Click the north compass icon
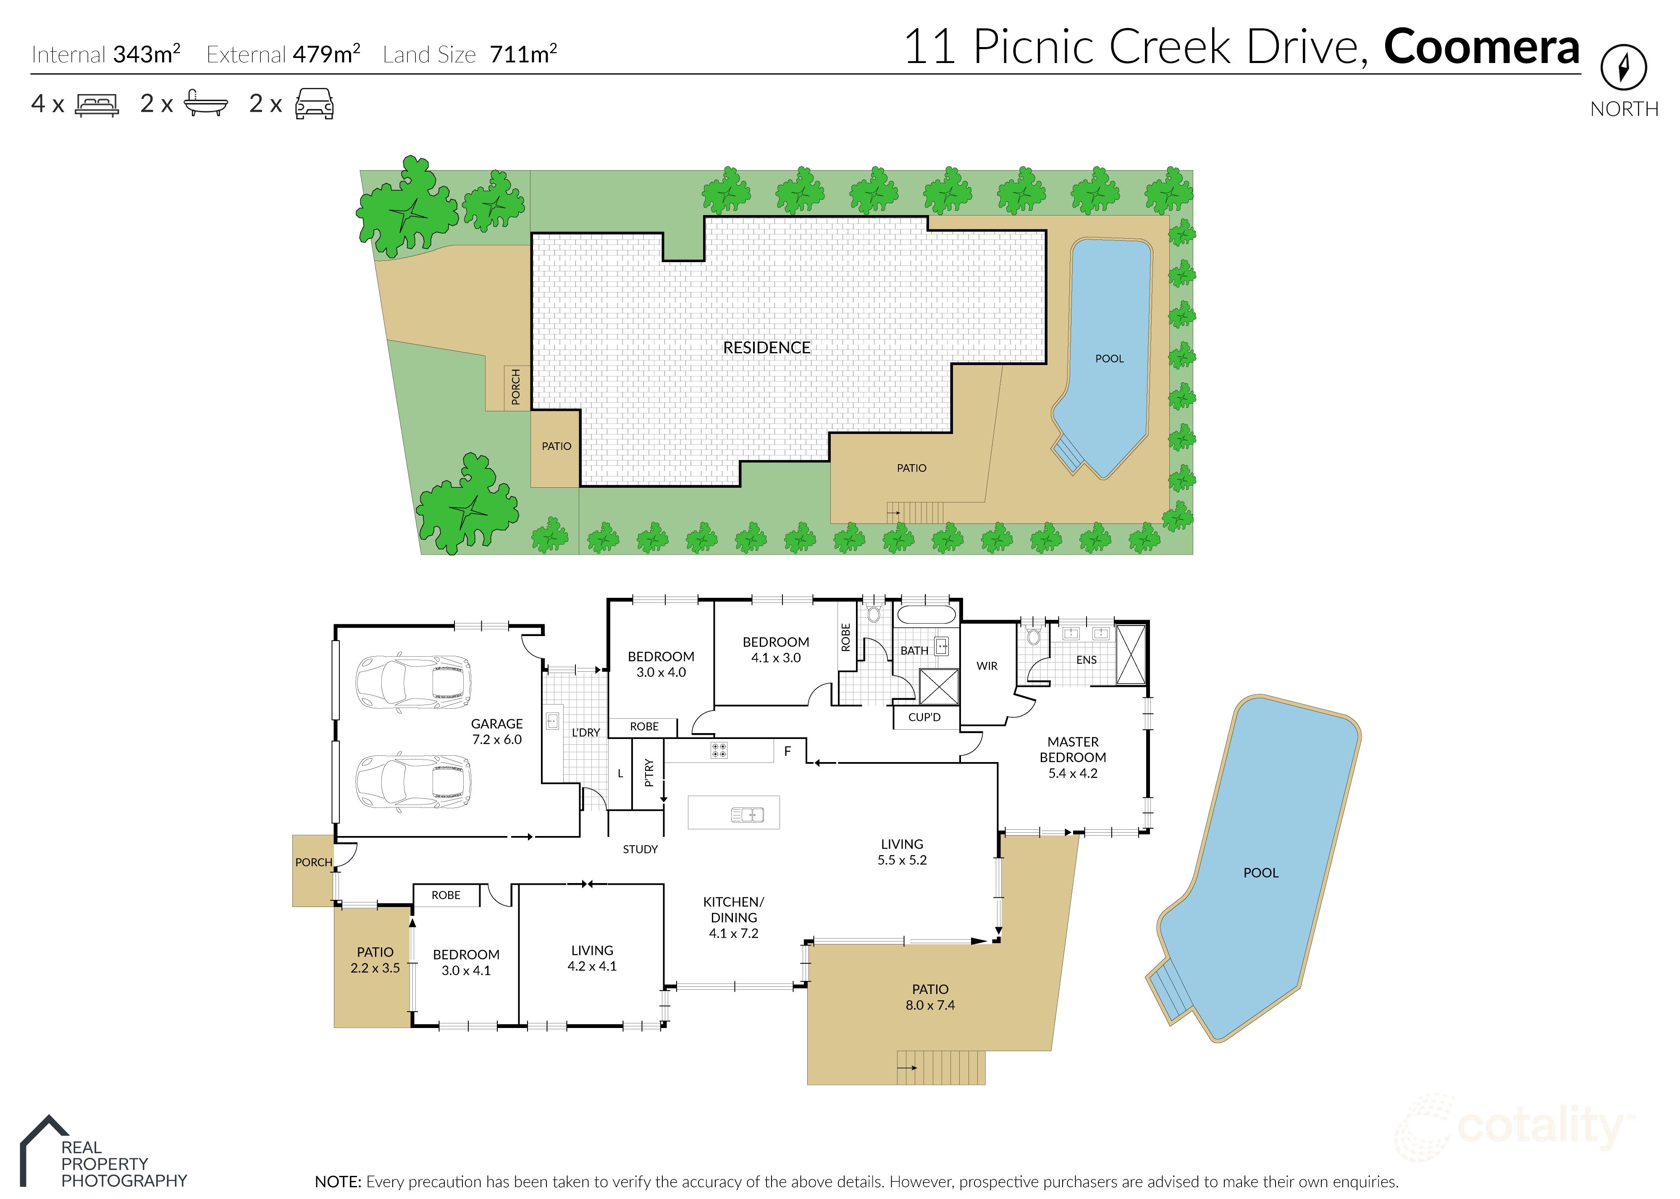coord(1623,68)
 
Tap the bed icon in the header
coord(97,105)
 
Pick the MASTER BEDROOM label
coord(1073,757)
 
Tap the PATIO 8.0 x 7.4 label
coord(930,997)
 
